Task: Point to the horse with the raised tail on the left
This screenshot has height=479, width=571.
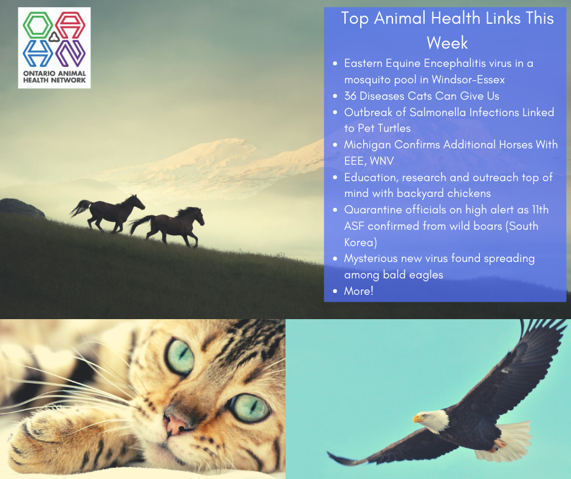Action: point(108,213)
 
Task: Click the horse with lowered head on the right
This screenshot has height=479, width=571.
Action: point(168,226)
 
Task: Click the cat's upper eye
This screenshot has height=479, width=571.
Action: point(180,356)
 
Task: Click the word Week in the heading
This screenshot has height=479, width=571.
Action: point(447,43)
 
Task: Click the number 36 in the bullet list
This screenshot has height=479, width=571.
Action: point(350,96)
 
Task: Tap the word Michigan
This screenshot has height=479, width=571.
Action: point(368,145)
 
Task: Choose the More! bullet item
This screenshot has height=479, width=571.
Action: point(358,291)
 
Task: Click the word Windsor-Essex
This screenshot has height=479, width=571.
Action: point(468,80)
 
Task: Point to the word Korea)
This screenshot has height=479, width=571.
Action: point(360,243)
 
